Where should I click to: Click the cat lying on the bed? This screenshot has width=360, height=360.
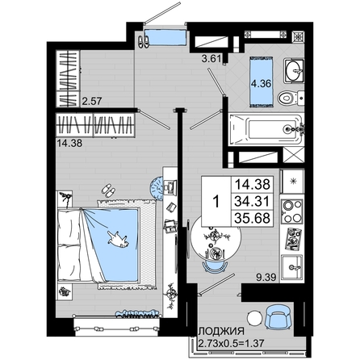pyautogui.click(x=118, y=238)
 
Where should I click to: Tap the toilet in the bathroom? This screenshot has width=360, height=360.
pyautogui.click(x=291, y=98)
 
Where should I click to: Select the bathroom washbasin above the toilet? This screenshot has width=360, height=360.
pyautogui.click(x=293, y=71)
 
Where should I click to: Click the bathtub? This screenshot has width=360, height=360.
pyautogui.click(x=266, y=129)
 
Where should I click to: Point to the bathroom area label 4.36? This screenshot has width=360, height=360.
pyautogui.click(x=261, y=84)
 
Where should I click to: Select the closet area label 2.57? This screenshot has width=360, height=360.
pyautogui.click(x=91, y=101)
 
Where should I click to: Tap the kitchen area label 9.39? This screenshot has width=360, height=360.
pyautogui.click(x=266, y=277)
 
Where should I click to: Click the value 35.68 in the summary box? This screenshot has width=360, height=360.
pyautogui.click(x=252, y=218)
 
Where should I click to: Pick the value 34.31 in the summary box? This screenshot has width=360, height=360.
pyautogui.click(x=252, y=201)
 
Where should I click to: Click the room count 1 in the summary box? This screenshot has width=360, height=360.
pyautogui.click(x=216, y=202)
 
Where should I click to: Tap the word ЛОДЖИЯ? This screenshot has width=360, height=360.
pyautogui.click(x=221, y=331)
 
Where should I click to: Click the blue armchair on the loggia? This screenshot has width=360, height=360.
pyautogui.click(x=278, y=316)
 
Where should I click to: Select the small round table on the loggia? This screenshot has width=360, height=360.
pyautogui.click(x=254, y=318)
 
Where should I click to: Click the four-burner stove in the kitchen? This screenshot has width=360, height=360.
pyautogui.click(x=291, y=212)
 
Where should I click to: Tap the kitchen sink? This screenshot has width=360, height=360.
pyautogui.click(x=291, y=267)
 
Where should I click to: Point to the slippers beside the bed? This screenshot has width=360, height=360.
pyautogui.click(x=108, y=190)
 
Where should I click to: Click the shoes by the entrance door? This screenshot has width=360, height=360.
pyautogui.click(x=144, y=41)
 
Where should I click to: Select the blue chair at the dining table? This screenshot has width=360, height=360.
pyautogui.click(x=215, y=266)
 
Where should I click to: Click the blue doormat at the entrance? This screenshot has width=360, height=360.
pyautogui.click(x=165, y=36)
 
